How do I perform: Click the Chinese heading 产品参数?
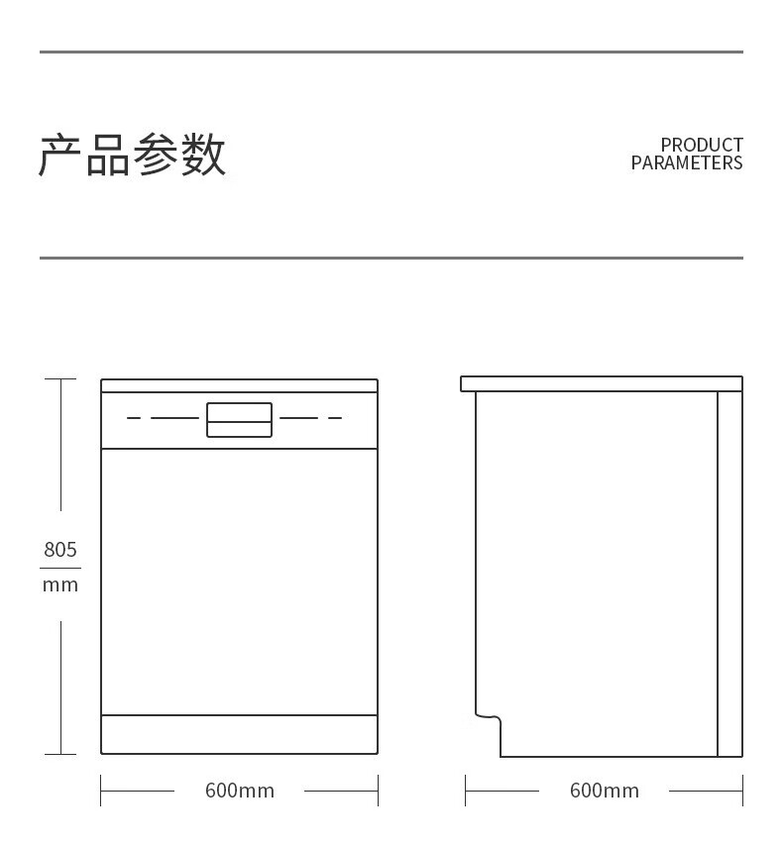(133, 155)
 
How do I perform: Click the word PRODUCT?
(701, 146)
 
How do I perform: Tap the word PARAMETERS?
(686, 163)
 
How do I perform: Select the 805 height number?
(60, 549)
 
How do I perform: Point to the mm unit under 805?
(60, 584)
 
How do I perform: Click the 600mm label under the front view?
(240, 791)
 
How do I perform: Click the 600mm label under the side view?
(604, 791)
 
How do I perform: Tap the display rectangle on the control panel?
(239, 419)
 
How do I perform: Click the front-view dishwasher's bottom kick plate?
(239, 734)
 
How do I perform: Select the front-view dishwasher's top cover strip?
(239, 385)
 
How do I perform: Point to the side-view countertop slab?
(602, 383)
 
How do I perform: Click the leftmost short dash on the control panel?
(134, 418)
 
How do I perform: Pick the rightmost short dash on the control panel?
(335, 418)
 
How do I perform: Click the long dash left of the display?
(174, 418)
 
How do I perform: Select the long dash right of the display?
(298, 418)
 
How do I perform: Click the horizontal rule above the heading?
(391, 52)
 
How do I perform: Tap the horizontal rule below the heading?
(391, 258)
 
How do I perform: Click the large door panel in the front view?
(239, 582)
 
